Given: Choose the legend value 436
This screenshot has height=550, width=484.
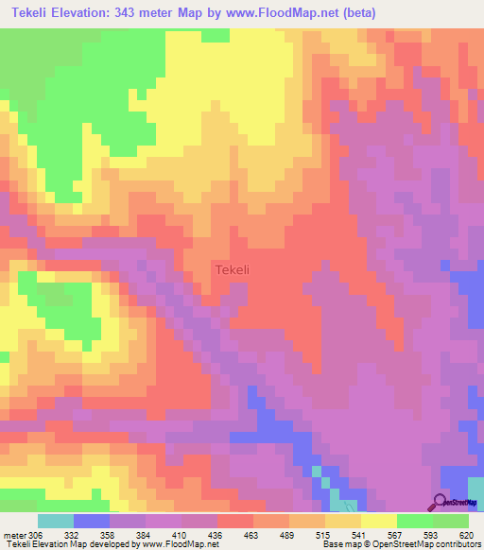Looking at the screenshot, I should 216,535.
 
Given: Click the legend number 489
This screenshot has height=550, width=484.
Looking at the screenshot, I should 289,535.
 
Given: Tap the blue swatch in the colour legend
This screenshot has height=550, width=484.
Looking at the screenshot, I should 91,521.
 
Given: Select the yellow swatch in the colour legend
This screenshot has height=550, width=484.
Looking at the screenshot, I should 378,521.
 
